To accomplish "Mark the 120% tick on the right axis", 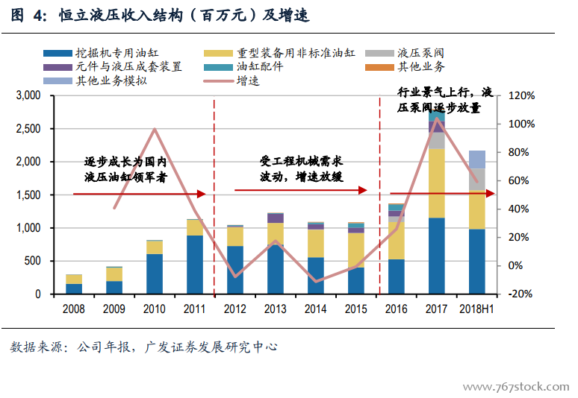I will click(520, 95).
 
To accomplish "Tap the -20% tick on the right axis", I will click(520, 294).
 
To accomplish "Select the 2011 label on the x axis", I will click(194, 309).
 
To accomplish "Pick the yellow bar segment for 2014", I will click(316, 243).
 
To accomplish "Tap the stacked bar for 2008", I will click(74, 284).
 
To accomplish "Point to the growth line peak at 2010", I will click(155, 129).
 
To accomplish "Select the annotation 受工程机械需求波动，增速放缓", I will click(301, 169).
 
